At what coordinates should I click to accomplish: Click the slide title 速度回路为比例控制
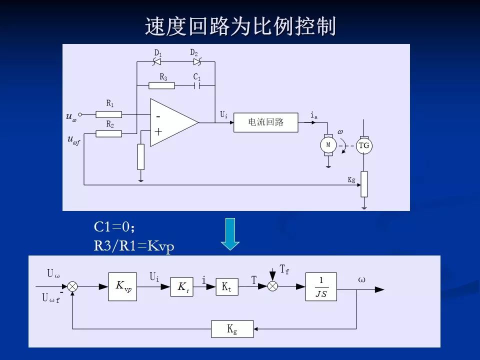pyautogui.click(x=240, y=26)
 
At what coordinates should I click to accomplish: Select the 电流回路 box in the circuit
pyautogui.click(x=265, y=122)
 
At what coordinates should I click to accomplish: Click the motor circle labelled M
pyautogui.click(x=328, y=144)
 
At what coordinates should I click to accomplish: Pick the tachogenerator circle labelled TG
pyautogui.click(x=364, y=145)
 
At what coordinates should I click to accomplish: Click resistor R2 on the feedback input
pyautogui.click(x=109, y=133)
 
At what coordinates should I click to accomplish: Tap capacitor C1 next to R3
pyautogui.click(x=197, y=85)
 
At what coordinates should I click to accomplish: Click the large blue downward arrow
pyautogui.click(x=230, y=233)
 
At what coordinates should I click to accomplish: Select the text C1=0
pyautogui.click(x=114, y=227)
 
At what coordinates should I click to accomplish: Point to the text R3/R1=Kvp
pyautogui.click(x=134, y=246)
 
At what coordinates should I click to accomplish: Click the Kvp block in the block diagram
pyautogui.click(x=122, y=286)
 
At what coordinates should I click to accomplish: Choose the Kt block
pyautogui.click(x=226, y=287)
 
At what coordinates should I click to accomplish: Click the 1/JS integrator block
pyautogui.click(x=321, y=287)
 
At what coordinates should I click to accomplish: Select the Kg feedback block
pyautogui.click(x=232, y=329)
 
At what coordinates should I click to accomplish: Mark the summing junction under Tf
pyautogui.click(x=272, y=286)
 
